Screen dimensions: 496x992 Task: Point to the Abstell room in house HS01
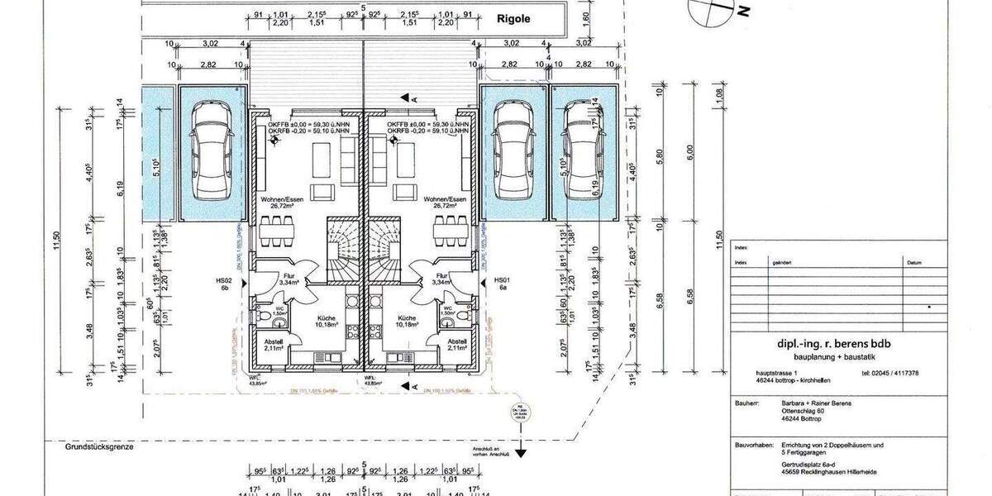[x=456, y=344]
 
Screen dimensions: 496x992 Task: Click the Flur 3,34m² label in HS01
[x=441, y=279]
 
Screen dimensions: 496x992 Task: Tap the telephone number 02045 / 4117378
[x=889, y=373]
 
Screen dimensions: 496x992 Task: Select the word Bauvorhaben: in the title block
[x=752, y=446]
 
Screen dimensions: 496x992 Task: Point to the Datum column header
[x=913, y=263]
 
